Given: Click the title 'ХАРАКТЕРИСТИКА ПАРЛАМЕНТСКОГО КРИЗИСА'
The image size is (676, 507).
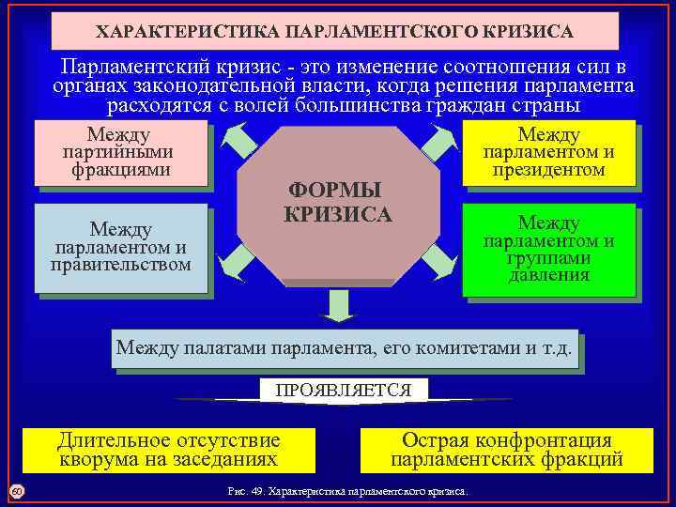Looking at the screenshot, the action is tap(334, 32).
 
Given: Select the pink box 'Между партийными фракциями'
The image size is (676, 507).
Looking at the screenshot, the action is tap(119, 152).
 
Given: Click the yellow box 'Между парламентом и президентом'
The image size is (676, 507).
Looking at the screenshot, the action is tap(549, 152).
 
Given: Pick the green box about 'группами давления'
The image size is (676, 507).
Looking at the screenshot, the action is tap(549, 249).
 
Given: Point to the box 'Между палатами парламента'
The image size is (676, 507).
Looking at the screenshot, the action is tap(343, 349).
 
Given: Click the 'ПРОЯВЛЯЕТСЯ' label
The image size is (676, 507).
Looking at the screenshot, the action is tap(343, 390).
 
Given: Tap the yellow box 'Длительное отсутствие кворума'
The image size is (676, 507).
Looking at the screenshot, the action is tap(168, 450).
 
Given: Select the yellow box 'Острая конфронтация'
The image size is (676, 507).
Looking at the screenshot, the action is tap(506, 450).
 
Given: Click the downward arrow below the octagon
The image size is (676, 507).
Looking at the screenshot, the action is tap(337, 305).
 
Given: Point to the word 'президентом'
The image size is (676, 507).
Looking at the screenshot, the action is tap(549, 170).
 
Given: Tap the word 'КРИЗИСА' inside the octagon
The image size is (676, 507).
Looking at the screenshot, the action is tap(337, 214).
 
